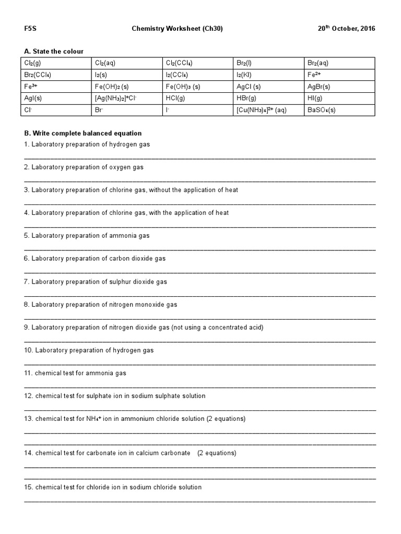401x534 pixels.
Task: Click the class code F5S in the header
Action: click(30, 29)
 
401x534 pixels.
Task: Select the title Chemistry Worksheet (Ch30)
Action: click(177, 29)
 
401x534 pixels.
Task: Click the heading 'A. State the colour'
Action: click(54, 51)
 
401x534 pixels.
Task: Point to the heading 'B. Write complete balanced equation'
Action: click(82, 133)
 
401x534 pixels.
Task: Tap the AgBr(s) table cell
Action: click(319, 87)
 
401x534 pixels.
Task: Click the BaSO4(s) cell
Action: click(322, 111)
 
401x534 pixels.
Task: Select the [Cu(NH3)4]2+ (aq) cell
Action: click(262, 111)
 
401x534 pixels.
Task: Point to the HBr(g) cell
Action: click(246, 99)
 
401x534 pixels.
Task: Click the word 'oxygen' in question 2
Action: click(119, 167)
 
